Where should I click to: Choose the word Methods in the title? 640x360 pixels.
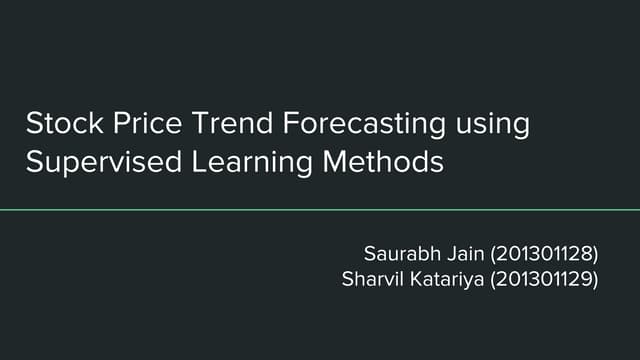pyautogui.click(x=387, y=161)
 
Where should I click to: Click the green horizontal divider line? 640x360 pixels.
pyautogui.click(x=320, y=210)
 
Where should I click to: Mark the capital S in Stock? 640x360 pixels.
pyautogui.click(x=33, y=126)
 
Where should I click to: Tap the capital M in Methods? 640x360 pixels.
pyautogui.click(x=339, y=161)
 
